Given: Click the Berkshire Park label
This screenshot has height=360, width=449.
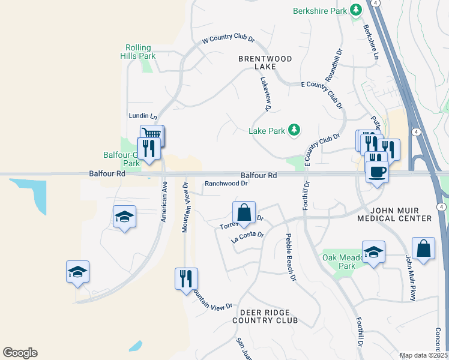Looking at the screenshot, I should pyautogui.click(x=321, y=11).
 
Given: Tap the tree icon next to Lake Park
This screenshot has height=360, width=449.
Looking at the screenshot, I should pyautogui.click(x=294, y=130).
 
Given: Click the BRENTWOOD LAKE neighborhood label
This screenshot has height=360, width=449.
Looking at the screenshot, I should pyautogui.click(x=265, y=62).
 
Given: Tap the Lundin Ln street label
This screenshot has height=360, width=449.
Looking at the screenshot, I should pyautogui.click(x=142, y=115).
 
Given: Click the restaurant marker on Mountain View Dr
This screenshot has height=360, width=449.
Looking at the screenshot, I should pyautogui.click(x=185, y=279).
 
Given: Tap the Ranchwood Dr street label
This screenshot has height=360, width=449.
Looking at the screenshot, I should pyautogui.click(x=226, y=184).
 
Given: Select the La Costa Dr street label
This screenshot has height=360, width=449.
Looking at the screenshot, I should pyautogui.click(x=248, y=236).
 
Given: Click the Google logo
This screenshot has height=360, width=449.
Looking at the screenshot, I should pyautogui.click(x=20, y=353).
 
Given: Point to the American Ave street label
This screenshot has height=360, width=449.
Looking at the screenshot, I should pyautogui.click(x=163, y=203).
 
